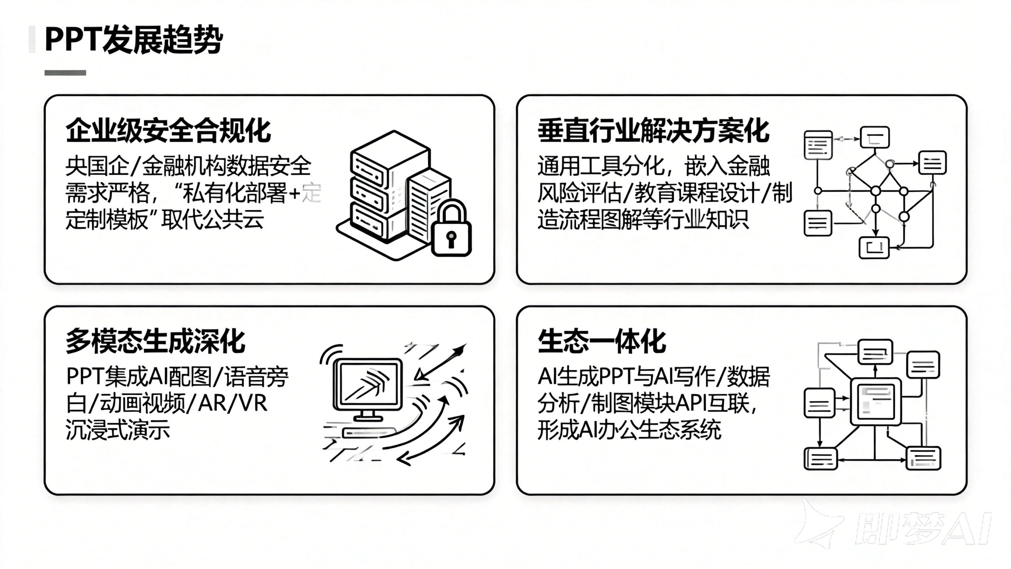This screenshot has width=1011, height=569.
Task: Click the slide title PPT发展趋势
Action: coord(133,40)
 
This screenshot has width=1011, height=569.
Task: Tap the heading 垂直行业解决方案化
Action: coord(653,130)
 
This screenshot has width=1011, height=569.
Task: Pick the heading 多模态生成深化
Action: coord(156,341)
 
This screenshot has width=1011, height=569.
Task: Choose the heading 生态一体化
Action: coord(602,341)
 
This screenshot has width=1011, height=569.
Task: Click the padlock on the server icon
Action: coord(451,232)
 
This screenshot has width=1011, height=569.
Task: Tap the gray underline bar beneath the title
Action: coord(65,73)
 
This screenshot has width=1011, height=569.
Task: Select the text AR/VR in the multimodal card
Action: coord(233,403)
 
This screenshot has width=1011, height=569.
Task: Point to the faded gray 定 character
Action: coord(312,193)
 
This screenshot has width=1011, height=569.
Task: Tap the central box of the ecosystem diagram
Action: coord(875,401)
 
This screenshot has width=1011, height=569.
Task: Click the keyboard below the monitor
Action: coord(369,432)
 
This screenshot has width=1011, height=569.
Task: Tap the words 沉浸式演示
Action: coord(118,430)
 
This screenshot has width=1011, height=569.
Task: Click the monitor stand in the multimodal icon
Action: coord(368,415)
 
